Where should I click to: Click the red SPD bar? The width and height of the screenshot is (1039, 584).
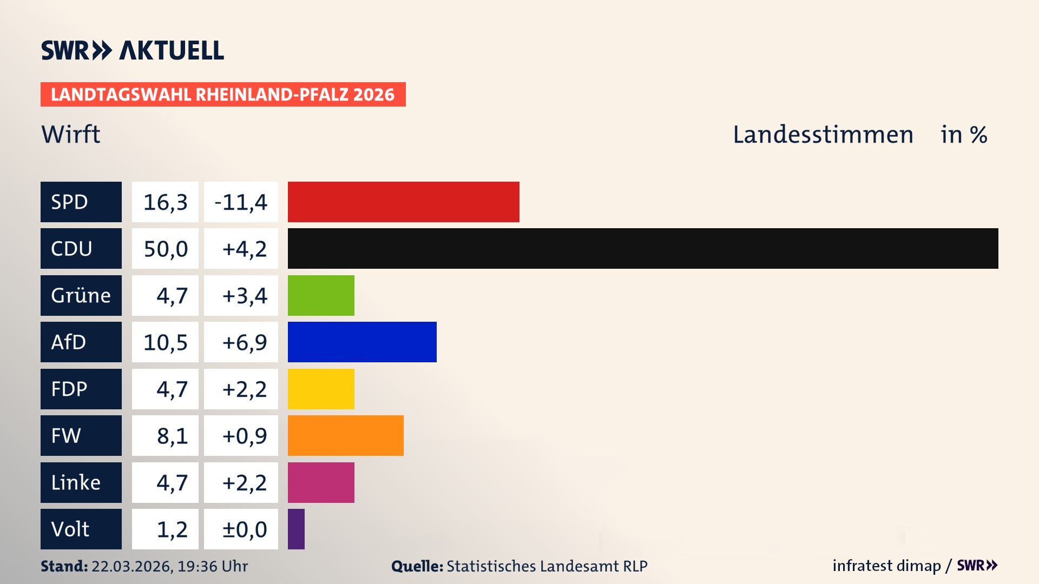[403, 202]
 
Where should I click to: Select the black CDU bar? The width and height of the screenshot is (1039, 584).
[643, 248]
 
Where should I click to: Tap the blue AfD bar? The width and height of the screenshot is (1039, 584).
[362, 342]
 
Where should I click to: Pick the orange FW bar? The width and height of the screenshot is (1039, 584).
[345, 435]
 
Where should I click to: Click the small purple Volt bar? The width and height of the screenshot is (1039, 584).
[296, 529]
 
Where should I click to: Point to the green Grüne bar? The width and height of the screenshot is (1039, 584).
[321, 295]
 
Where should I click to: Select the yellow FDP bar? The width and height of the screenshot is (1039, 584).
[321, 389]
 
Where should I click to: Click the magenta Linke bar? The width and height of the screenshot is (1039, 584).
[321, 482]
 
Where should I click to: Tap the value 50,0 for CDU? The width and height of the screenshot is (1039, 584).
[166, 249]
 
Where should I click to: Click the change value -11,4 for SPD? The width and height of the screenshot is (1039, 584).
[241, 202]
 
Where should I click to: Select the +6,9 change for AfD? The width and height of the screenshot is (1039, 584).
[244, 342]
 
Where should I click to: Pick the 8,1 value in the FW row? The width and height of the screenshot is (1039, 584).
[172, 436]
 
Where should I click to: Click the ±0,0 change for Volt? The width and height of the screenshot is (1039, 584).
[244, 529]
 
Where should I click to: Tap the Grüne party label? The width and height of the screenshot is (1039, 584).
[81, 295]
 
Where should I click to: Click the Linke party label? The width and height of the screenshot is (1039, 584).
[76, 482]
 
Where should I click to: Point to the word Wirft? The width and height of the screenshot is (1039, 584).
[71, 134]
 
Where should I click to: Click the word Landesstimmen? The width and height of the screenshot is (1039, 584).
[823, 135]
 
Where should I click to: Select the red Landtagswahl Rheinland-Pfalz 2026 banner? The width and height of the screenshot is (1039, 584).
[223, 95]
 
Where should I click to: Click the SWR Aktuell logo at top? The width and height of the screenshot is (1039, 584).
[133, 50]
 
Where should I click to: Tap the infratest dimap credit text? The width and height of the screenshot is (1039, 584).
[886, 566]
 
